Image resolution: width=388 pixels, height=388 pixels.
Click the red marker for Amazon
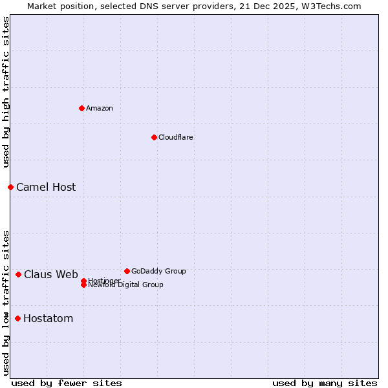(81, 108)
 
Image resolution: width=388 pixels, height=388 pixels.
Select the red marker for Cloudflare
(154, 137)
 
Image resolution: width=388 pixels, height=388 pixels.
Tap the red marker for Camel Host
(10, 187)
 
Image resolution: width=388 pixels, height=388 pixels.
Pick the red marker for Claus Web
(18, 274)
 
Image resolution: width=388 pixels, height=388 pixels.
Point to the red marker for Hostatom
(17, 318)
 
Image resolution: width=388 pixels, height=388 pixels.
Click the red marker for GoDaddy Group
(127, 271)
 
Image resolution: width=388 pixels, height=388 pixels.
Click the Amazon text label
(100, 108)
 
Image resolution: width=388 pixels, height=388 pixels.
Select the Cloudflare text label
(176, 137)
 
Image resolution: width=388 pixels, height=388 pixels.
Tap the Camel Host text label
(46, 187)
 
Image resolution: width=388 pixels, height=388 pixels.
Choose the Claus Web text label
(51, 274)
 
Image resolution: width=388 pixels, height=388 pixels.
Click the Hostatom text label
(48, 318)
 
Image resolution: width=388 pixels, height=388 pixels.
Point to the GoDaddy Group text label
(158, 271)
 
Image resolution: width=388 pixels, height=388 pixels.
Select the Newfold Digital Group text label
(126, 285)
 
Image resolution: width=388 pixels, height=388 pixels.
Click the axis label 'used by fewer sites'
(67, 383)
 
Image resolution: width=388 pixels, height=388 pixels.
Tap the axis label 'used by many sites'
(325, 383)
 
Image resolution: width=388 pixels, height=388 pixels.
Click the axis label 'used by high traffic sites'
(6, 92)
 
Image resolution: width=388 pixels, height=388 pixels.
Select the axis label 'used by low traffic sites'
(6, 303)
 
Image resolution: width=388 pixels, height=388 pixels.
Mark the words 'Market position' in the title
(58, 6)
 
